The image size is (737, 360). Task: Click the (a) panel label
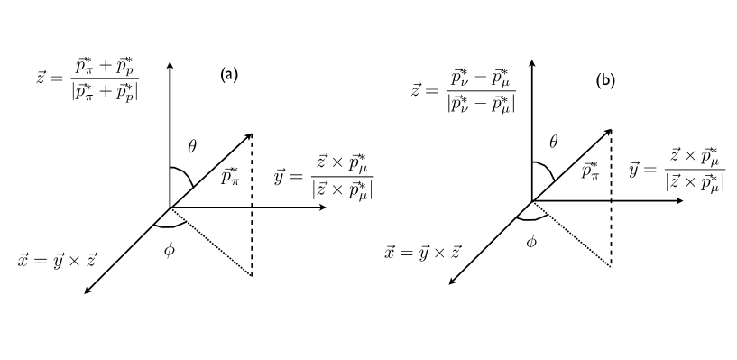click(229, 75)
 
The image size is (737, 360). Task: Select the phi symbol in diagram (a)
click(169, 248)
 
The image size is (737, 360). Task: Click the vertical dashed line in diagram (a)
click(251, 208)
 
